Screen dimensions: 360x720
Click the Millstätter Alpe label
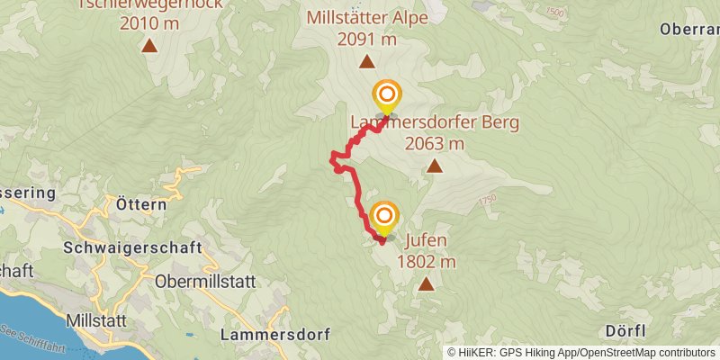tap(366, 18)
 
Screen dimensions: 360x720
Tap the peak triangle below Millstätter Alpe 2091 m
tap(366, 62)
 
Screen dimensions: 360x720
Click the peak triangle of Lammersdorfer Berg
tap(435, 166)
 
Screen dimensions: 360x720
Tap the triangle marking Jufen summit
tap(425, 285)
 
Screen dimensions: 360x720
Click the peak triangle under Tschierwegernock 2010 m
tap(148, 45)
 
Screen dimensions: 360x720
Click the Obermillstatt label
tap(205, 282)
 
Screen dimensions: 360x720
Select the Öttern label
tap(141, 204)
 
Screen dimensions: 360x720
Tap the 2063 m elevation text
tap(435, 144)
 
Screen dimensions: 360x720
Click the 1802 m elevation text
tap(426, 262)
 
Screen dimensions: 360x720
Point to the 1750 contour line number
tap(489, 202)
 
